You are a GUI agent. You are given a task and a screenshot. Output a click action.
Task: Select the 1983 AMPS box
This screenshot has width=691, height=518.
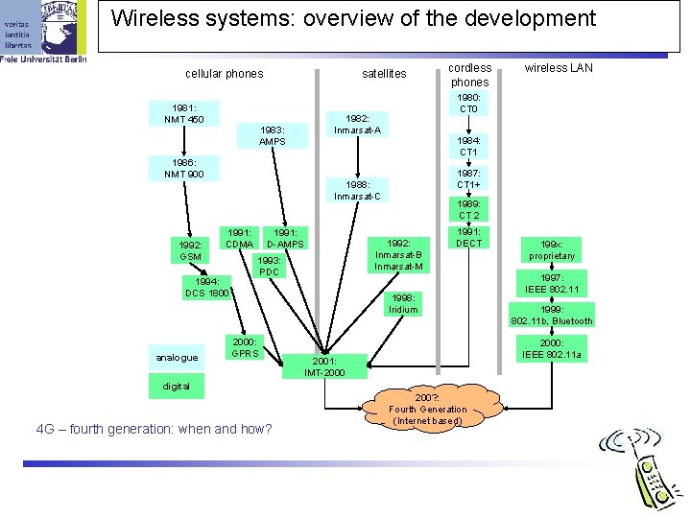[x=273, y=135]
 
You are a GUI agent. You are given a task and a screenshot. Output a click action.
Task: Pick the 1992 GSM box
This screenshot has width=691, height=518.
[x=190, y=250]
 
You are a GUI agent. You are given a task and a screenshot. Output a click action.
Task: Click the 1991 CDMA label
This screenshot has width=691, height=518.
[x=240, y=238]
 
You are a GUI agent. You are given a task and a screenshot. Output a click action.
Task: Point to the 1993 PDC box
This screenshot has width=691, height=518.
[x=270, y=266]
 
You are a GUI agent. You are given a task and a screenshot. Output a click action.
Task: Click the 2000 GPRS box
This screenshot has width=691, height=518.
[x=244, y=346]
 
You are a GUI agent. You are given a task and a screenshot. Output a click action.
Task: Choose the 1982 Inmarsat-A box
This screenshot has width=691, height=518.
[x=357, y=124]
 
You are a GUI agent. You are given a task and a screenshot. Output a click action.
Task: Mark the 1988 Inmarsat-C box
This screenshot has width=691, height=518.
[x=357, y=190]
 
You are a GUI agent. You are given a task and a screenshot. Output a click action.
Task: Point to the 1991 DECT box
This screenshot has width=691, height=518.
[x=469, y=237]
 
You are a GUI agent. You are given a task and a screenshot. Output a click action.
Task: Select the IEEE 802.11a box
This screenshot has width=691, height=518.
[x=552, y=348]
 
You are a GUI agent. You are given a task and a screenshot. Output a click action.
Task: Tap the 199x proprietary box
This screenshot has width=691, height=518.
[x=552, y=249]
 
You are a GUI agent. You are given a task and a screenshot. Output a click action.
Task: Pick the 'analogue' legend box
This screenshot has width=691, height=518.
[x=177, y=358]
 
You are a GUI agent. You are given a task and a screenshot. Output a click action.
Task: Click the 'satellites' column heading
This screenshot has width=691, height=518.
[x=384, y=74]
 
